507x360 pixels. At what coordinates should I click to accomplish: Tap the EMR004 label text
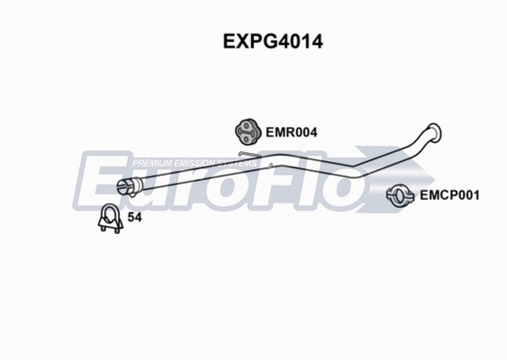click(x=292, y=131)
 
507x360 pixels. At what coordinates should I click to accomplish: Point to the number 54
click(x=136, y=218)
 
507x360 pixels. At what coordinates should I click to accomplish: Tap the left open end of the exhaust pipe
click(x=125, y=187)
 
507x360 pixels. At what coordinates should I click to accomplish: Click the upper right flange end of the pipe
click(x=434, y=133)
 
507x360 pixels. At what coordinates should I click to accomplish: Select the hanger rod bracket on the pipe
click(x=255, y=162)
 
